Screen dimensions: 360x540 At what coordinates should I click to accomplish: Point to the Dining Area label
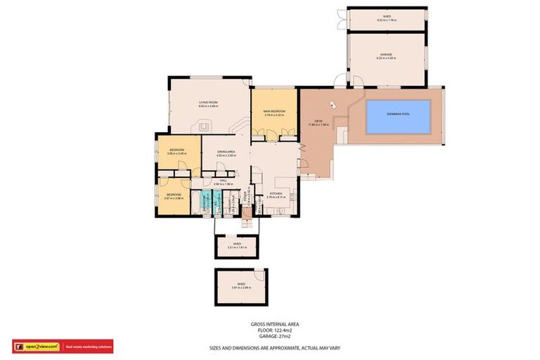(x=226, y=153)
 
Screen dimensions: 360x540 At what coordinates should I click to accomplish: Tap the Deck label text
(x=318, y=123)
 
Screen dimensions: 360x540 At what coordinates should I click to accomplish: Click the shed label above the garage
(x=387, y=18)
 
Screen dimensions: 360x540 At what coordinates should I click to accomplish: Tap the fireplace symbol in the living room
(x=205, y=127)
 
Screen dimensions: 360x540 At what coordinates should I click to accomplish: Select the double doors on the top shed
(x=342, y=19)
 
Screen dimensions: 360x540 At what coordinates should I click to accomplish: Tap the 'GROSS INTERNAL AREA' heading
(x=270, y=324)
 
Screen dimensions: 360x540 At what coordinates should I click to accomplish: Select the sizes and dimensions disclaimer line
(x=275, y=347)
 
